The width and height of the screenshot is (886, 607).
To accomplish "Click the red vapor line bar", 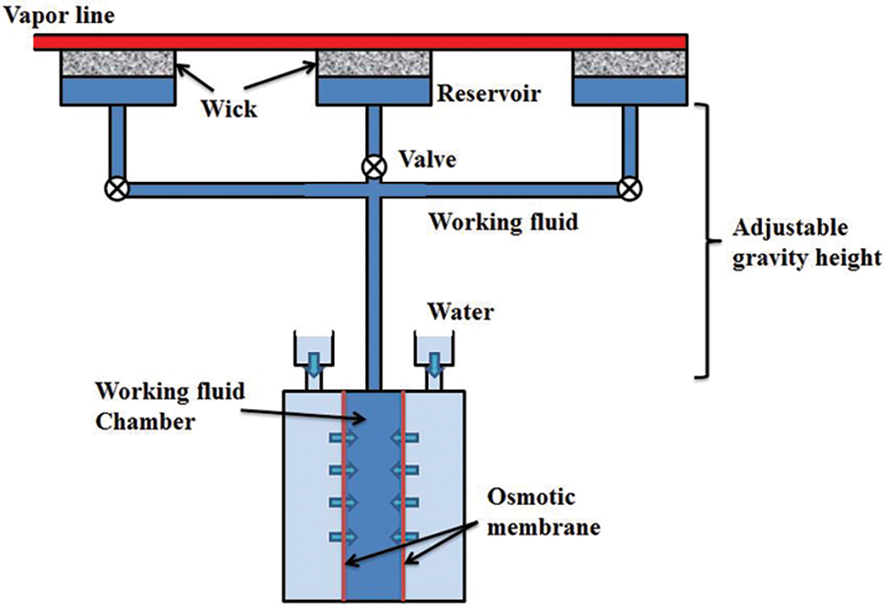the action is [x=361, y=43].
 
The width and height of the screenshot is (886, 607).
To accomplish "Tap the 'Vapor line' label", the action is [x=58, y=15].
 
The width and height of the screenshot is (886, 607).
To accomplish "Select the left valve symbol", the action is [x=117, y=189].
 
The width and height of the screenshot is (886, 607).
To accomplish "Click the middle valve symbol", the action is [x=374, y=167].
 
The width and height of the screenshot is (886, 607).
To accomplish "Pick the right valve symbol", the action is [x=630, y=189].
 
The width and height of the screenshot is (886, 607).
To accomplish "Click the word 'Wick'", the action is [x=229, y=108].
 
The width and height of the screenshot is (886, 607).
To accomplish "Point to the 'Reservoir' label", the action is [x=489, y=93].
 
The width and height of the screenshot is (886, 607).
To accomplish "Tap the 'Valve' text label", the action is [x=427, y=160].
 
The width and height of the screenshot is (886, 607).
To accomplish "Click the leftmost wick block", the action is [x=118, y=63].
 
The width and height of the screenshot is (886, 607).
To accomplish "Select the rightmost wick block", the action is [x=630, y=63].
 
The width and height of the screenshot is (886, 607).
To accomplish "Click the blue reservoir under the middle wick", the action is [x=374, y=91].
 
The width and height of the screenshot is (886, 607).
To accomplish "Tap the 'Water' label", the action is [x=461, y=311].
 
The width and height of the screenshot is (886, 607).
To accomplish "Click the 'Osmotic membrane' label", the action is [x=544, y=512].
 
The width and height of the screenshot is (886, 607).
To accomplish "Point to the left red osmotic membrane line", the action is [x=343, y=495].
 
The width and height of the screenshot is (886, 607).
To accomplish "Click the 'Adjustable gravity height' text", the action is [x=807, y=243].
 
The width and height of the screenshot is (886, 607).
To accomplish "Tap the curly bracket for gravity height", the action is [x=706, y=241].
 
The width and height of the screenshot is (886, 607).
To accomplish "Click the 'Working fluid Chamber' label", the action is [x=170, y=406].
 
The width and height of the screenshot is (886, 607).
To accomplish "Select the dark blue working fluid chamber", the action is [x=373, y=495].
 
